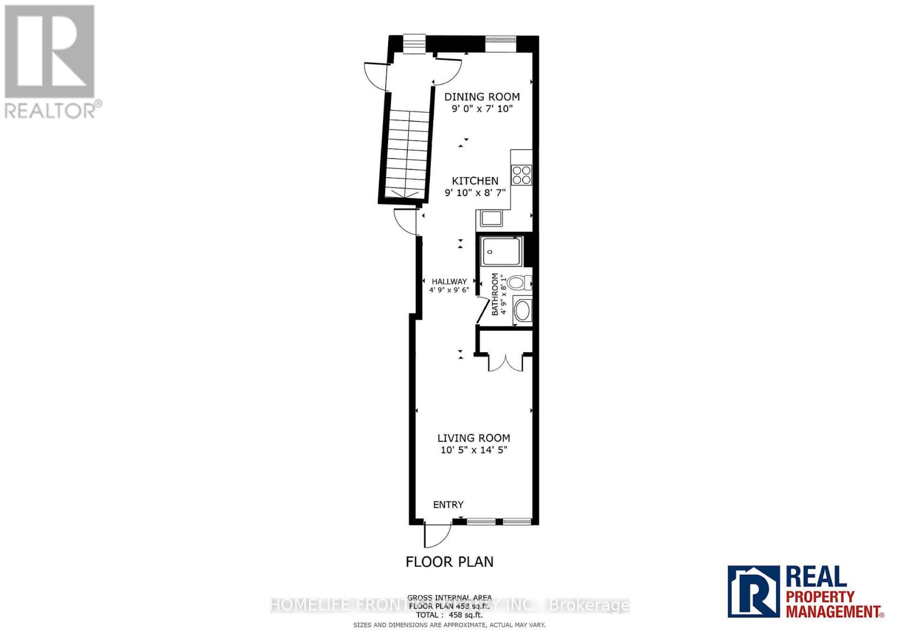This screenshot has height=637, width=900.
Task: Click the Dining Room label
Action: tap(481, 97)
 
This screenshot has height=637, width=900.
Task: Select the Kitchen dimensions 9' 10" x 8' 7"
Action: tap(475, 192)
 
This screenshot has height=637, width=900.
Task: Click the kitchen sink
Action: tap(489, 217)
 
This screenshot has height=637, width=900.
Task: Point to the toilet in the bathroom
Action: tap(518, 282)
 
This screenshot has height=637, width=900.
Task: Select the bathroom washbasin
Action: tap(523, 311)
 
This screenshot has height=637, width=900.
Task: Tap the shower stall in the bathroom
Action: tap(501, 251)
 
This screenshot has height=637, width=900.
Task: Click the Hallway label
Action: tap(449, 281)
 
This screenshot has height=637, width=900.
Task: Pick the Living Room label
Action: tap(474, 438)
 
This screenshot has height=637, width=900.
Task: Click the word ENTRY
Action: tap(448, 505)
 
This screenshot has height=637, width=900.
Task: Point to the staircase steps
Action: tap(404, 152)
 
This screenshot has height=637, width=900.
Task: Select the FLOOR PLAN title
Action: tap(449, 562)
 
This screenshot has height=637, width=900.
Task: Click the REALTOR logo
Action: tap(51, 61)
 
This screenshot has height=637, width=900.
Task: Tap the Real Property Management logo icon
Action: tap(753, 591)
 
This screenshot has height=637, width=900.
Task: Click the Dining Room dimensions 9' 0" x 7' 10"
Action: tap(483, 109)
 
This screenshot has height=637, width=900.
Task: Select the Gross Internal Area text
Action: tap(449, 598)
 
